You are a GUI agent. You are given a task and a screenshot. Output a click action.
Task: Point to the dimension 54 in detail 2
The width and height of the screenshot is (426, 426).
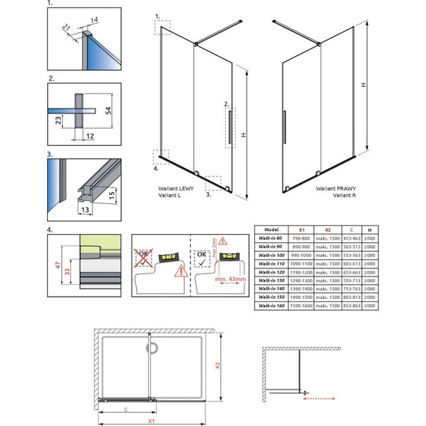pyautogui.click(x=109, y=111)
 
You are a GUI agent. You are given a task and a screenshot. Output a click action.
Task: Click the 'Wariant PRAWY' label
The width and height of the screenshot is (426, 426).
pyautogui.click(x=334, y=189)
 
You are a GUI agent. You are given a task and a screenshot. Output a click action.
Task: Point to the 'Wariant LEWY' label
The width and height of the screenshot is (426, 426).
pyautogui.click(x=176, y=189)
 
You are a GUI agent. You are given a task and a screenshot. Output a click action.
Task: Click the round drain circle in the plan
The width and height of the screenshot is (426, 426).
pyautogui.click(x=152, y=348)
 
